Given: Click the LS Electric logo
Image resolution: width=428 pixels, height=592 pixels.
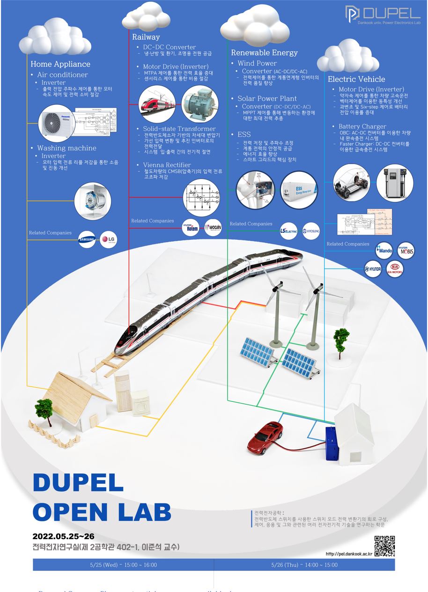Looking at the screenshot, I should click(x=289, y=231).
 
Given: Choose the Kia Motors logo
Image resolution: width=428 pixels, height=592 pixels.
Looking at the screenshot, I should click(x=394, y=269).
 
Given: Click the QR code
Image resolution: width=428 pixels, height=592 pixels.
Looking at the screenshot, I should click(x=384, y=546).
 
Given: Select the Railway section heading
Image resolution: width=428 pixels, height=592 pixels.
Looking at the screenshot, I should click(x=146, y=37).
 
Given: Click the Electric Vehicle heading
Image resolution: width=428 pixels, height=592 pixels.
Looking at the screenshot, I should click(x=356, y=79).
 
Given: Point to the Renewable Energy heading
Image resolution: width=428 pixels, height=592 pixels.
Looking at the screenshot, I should click(x=264, y=52).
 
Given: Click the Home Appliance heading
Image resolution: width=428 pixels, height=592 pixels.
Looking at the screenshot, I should click(x=60, y=64).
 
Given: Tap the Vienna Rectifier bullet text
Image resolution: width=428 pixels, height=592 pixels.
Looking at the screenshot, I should click(x=167, y=165).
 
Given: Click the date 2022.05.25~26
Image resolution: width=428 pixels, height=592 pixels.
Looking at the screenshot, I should click(x=64, y=536).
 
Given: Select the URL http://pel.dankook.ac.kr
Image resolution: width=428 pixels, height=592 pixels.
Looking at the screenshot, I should click(x=349, y=554).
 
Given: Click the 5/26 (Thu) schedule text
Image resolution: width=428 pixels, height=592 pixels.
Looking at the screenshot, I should click(x=304, y=565).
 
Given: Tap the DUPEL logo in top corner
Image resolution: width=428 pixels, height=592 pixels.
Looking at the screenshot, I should click(x=383, y=14).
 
